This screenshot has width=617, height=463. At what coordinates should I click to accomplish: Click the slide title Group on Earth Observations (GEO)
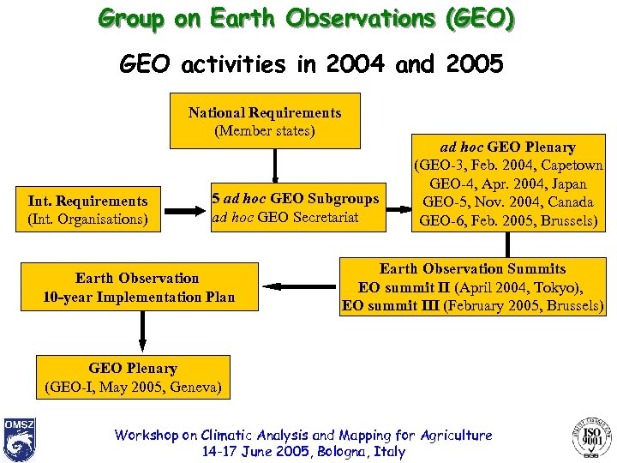[307, 19]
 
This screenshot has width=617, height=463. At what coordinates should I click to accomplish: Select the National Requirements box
[265, 122]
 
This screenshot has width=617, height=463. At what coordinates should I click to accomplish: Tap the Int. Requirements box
[87, 210]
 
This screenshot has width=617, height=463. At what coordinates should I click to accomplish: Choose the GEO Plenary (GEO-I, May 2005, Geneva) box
[133, 378]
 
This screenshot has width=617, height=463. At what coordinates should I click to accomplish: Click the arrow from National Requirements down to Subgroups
[275, 164]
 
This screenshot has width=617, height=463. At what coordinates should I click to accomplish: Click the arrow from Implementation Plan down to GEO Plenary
[142, 331]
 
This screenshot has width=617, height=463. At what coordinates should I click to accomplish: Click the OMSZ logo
[19, 439]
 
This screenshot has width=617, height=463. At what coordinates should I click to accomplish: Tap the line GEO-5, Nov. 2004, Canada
[511, 202]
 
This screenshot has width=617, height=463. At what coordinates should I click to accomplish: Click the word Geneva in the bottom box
[195, 388]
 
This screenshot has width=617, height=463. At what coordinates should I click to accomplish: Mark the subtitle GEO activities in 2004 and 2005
[309, 65]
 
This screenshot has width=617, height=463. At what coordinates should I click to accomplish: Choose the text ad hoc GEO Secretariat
[285, 218]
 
